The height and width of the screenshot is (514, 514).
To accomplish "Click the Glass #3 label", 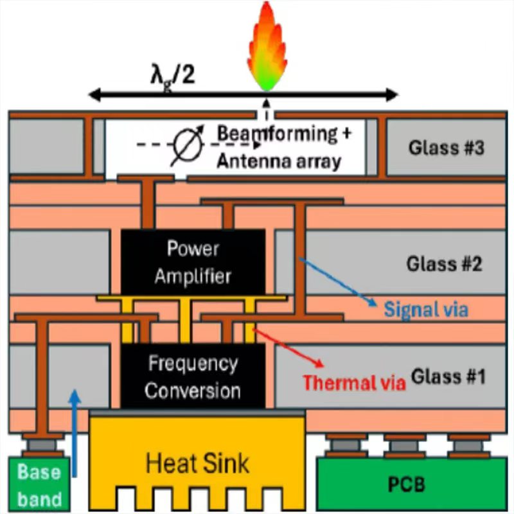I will (x=445, y=148).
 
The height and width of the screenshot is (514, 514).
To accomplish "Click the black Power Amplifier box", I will (x=193, y=262).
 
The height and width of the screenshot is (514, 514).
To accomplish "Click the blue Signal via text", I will (x=426, y=310).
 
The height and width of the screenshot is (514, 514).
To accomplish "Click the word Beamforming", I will (x=277, y=134).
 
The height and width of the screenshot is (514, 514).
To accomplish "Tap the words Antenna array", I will (x=278, y=161).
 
